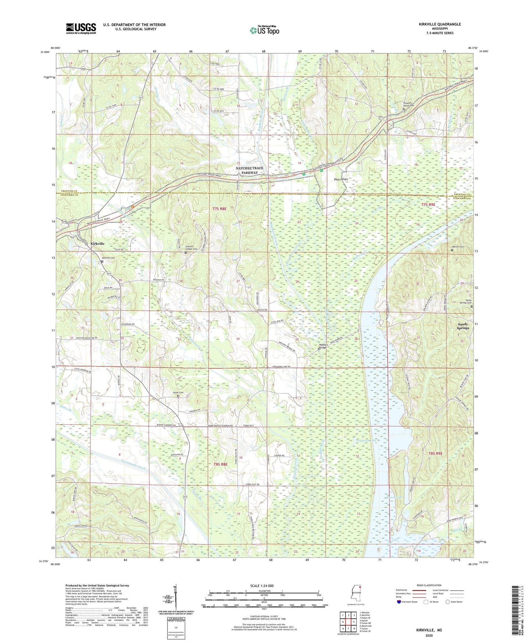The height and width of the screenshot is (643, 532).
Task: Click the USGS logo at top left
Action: click(x=81, y=28)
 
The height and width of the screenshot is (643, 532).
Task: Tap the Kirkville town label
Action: click(x=98, y=244)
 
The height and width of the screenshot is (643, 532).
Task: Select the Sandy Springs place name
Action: click(x=463, y=326)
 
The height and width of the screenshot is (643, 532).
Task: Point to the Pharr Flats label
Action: click(x=341, y=179)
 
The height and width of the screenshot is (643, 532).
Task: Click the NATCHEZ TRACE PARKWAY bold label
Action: click(x=250, y=170)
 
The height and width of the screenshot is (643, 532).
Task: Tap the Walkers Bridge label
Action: click(x=323, y=346)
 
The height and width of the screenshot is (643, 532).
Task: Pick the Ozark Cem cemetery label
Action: click(x=178, y=393)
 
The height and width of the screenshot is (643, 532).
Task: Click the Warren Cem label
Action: click(x=458, y=247)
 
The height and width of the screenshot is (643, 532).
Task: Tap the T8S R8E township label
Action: click(x=220, y=464)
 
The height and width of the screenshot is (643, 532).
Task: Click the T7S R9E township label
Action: click(x=428, y=204)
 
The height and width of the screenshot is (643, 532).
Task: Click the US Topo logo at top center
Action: click(x=264, y=30)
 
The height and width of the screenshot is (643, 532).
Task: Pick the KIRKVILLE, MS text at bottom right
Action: click(x=429, y=630)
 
